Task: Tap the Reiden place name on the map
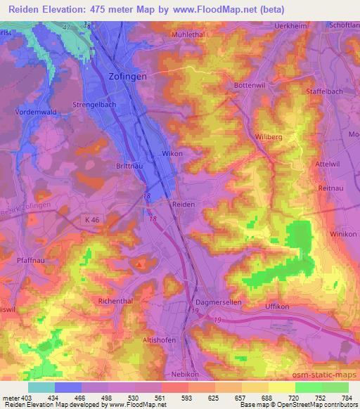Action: (x=184, y=203)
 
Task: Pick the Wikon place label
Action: (x=172, y=153)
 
